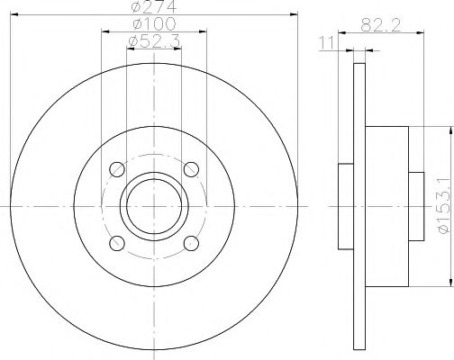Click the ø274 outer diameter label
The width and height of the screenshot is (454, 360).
[x=152, y=8]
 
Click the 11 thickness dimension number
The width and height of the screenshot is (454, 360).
[x=330, y=41]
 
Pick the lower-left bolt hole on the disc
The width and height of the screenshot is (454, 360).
[x=115, y=244]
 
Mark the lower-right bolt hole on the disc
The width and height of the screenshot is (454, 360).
[x=190, y=244]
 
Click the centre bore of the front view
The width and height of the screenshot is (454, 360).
[x=152, y=207]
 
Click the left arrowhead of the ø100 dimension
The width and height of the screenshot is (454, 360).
[x=104, y=32]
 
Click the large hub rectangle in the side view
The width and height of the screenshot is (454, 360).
[x=387, y=207]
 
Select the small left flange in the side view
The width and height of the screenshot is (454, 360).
[x=346, y=207]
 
